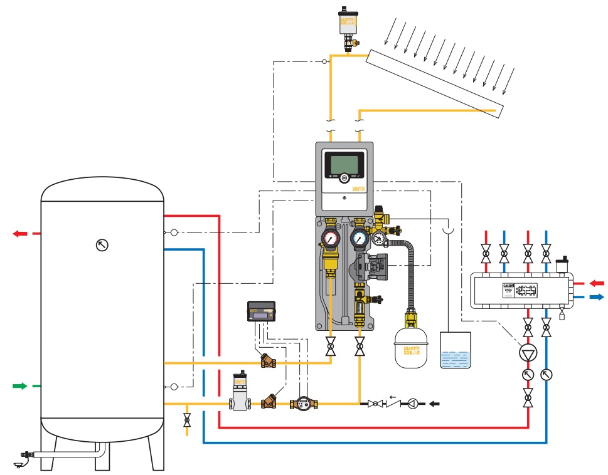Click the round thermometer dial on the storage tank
pos(102,245)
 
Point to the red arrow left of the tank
pos(20,234)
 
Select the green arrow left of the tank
pos(20,386)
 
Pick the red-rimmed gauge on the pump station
pos(330,237)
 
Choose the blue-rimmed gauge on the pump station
pos(360,237)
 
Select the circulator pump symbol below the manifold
pos(528,352)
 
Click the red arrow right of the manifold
pos(596,283)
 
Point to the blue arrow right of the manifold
pos(596,298)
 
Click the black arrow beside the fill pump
pos(434,404)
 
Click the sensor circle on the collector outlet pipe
pos(324,61)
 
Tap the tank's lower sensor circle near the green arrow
pos(174,386)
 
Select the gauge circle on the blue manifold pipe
pos(547,375)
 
